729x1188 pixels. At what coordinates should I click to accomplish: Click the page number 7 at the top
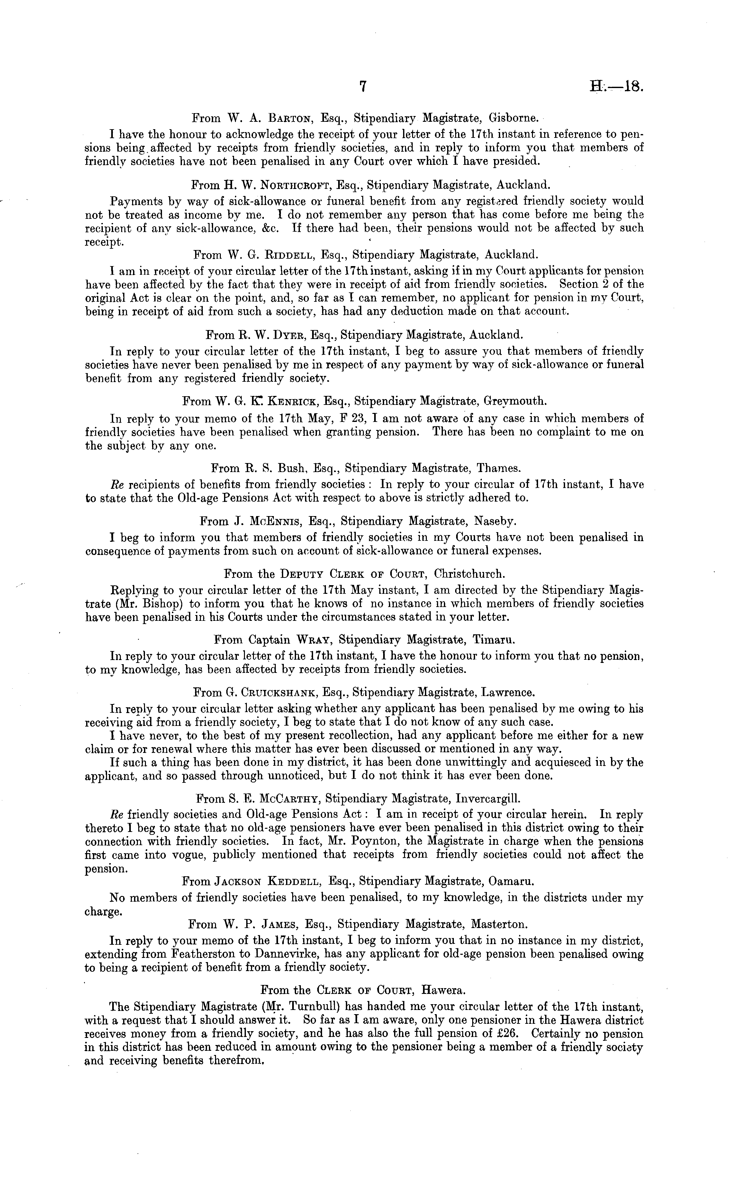coord(364,86)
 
